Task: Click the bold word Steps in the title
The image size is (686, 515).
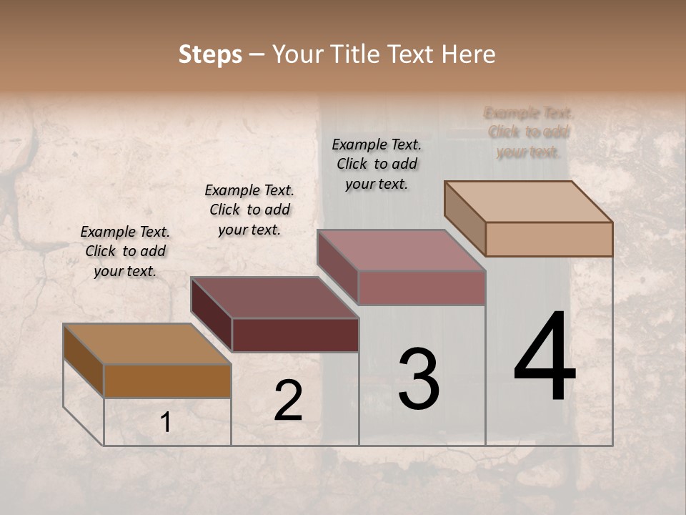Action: point(209,54)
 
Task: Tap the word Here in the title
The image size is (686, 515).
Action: point(468,54)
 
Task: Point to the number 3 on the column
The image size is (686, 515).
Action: point(419,379)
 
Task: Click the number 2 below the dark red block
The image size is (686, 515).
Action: point(288,401)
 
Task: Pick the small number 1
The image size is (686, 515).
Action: point(166,423)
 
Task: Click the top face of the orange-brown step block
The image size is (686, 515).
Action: point(147,344)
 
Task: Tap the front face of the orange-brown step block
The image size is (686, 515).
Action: point(167,381)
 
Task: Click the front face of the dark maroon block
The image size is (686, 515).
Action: point(295,335)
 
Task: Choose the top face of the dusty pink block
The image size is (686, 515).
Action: point(401,250)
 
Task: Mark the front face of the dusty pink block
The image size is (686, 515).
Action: point(422,288)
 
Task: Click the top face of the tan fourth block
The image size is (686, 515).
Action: point(528,201)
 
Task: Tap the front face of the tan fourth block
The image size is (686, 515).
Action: point(549,239)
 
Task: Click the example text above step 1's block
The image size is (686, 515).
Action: point(125,251)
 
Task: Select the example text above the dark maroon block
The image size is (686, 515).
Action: point(249,210)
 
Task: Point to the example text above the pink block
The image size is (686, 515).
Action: point(377,164)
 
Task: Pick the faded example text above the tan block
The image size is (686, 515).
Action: point(529,132)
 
